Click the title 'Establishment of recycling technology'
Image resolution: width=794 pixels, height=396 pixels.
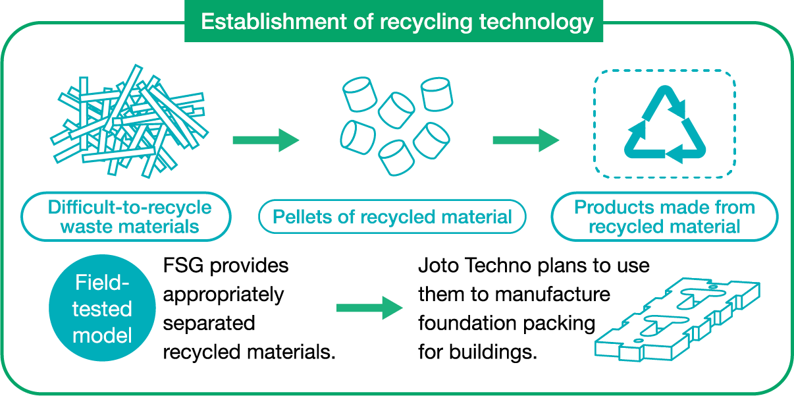(x=397, y=22)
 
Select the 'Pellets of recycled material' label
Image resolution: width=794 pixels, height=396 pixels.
(x=392, y=217)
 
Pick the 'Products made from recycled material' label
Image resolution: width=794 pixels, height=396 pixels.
(x=664, y=217)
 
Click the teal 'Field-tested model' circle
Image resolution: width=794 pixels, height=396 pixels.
(x=102, y=308)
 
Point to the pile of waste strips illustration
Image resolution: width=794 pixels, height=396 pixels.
(x=130, y=121)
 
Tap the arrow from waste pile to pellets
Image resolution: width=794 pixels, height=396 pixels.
(x=266, y=140)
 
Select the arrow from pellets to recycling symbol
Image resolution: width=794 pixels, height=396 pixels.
(x=526, y=140)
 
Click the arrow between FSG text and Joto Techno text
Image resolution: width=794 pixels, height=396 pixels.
(x=369, y=308)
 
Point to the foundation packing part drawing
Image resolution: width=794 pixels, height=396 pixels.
(x=677, y=320)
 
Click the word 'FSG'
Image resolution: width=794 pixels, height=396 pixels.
(x=183, y=266)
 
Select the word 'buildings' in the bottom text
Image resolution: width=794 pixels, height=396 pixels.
(x=493, y=353)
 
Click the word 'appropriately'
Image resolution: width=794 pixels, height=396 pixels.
(x=223, y=295)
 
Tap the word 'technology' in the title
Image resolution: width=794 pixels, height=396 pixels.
(x=537, y=22)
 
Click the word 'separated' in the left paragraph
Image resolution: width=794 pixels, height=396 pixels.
(x=209, y=324)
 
